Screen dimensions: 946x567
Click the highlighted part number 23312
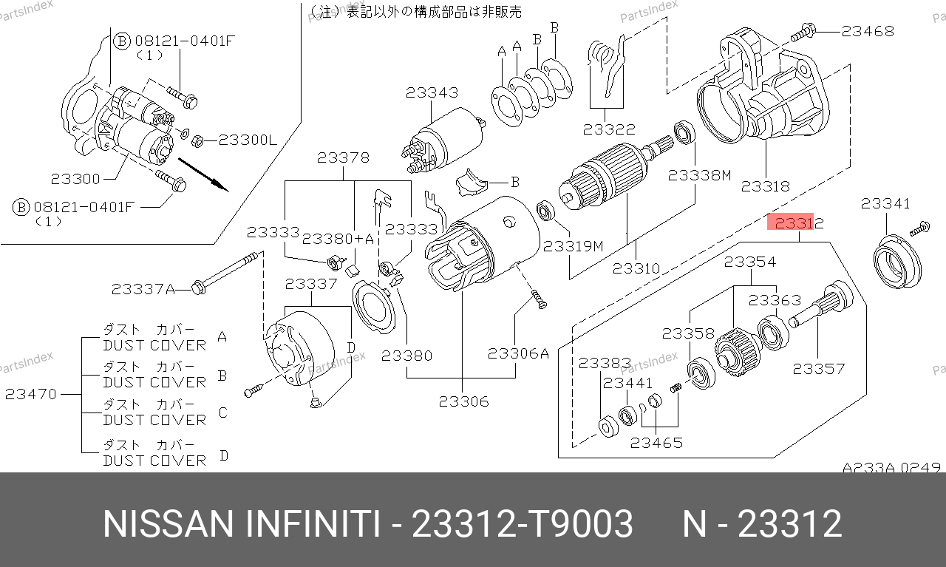[800, 223]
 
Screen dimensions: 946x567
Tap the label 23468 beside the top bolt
[868, 31]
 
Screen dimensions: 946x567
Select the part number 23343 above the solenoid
[432, 92]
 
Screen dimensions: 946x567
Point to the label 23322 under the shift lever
[609, 129]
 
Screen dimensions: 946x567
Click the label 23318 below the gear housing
[765, 186]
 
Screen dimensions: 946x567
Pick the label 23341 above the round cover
[885, 203]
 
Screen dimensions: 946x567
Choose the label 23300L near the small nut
[248, 140]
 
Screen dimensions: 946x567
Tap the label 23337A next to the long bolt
[143, 290]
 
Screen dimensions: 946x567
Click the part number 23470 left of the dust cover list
[31, 394]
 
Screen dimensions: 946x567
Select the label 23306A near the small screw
[518, 353]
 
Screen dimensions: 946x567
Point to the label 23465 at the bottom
[656, 443]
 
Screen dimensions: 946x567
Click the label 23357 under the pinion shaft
[818, 370]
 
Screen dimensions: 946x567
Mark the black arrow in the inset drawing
[203, 175]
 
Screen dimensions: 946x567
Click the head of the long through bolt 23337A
[198, 288]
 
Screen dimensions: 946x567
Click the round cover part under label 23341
[897, 262]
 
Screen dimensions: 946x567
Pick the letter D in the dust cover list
[224, 455]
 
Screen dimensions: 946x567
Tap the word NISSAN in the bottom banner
[168, 524]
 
